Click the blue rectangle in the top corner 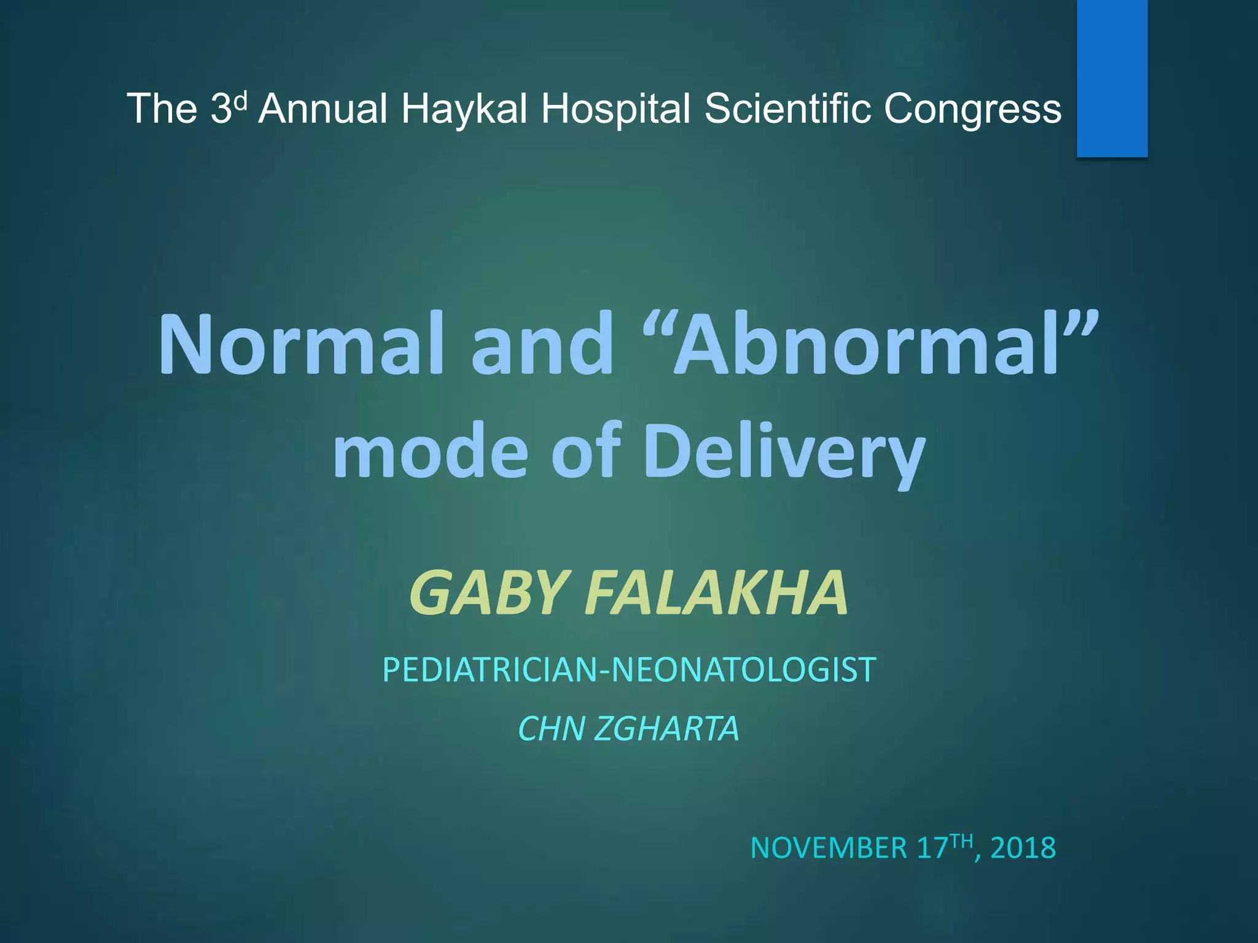pos(1112,78)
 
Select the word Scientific pos(787,109)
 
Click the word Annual pos(322,109)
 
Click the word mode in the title pos(430,451)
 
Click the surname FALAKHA pos(716,593)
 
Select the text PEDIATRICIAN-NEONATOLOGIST pos(629,669)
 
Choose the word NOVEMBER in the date pos(829,848)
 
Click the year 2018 pos(1023,848)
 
